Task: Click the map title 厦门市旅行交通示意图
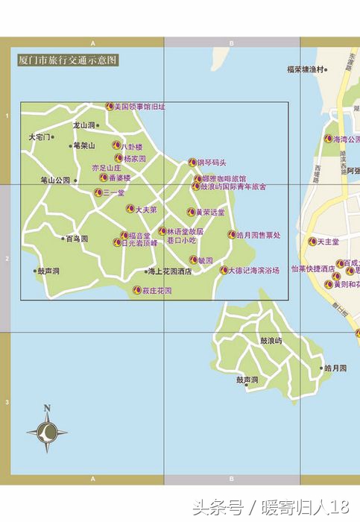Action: (x=68, y=60)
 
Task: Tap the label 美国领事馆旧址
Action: (x=139, y=107)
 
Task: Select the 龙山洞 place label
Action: (x=83, y=125)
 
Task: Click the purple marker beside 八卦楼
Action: (x=116, y=146)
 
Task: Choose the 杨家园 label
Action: (x=135, y=158)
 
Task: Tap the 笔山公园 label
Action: (x=55, y=180)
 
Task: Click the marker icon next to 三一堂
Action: (x=97, y=192)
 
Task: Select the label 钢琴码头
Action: (x=211, y=162)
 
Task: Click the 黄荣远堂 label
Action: (x=209, y=213)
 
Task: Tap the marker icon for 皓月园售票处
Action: (x=232, y=235)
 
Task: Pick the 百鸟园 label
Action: (x=77, y=239)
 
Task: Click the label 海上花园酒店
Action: (x=169, y=271)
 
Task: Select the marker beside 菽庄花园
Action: (x=136, y=290)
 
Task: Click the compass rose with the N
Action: (x=47, y=430)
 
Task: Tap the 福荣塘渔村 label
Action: (x=306, y=69)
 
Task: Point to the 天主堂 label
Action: (x=329, y=242)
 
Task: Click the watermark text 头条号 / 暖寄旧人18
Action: (x=271, y=509)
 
